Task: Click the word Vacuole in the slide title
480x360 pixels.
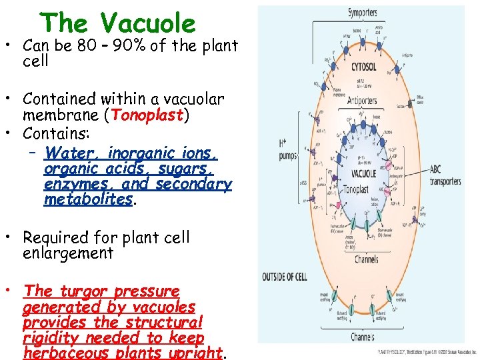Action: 148,23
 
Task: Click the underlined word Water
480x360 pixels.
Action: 72,153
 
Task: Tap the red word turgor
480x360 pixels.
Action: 84,291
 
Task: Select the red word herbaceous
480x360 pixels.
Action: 64,353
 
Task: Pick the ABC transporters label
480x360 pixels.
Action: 445,176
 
